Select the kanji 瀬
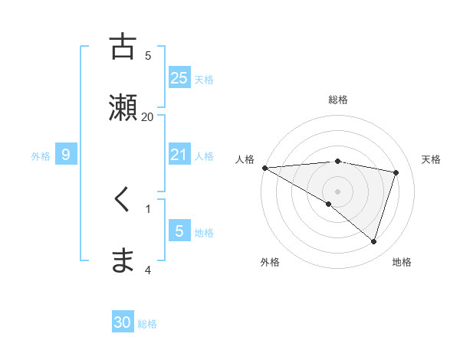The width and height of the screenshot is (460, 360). tap(123, 107)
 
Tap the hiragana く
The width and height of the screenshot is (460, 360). tap(123, 200)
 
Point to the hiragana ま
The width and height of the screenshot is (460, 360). tap(123, 261)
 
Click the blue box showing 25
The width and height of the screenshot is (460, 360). tap(179, 77)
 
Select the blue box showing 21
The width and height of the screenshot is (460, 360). tap(179, 155)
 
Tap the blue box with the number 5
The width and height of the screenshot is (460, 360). tap(179, 231)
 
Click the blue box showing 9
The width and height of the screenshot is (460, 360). tap(66, 155)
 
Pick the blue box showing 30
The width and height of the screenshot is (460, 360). tap(123, 322)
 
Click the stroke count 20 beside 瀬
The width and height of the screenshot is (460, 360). tap(148, 116)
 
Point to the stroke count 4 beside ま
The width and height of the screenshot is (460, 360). tap(148, 270)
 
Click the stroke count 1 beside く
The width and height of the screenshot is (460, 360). tap(148, 208)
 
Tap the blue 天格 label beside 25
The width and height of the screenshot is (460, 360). tap(204, 79)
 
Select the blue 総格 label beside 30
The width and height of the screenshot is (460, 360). tap(147, 324)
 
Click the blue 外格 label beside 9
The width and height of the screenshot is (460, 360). tap(41, 155)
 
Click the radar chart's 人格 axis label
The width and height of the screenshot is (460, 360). tap(245, 159)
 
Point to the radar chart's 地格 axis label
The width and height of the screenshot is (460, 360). tap(402, 262)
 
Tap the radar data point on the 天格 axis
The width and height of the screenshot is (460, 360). tap(396, 172)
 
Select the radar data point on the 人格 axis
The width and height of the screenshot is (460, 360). tap(264, 168)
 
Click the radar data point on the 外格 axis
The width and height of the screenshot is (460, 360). tap(329, 204)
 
